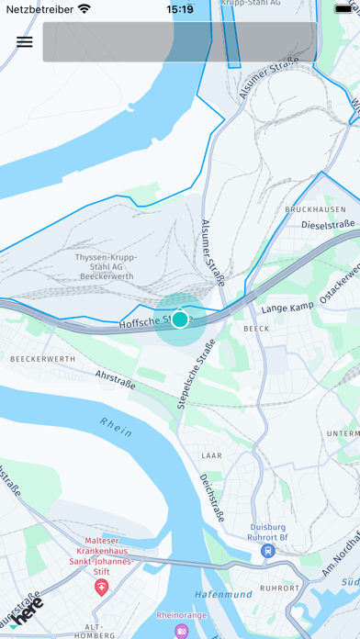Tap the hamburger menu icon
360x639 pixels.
click(x=25, y=41)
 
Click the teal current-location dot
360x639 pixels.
click(x=180, y=319)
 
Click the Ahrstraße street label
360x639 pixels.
click(x=115, y=379)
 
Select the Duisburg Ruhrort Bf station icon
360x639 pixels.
click(x=267, y=551)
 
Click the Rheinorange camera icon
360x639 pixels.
click(x=182, y=631)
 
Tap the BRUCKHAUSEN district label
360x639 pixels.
click(x=313, y=209)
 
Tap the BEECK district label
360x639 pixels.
click(x=255, y=328)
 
